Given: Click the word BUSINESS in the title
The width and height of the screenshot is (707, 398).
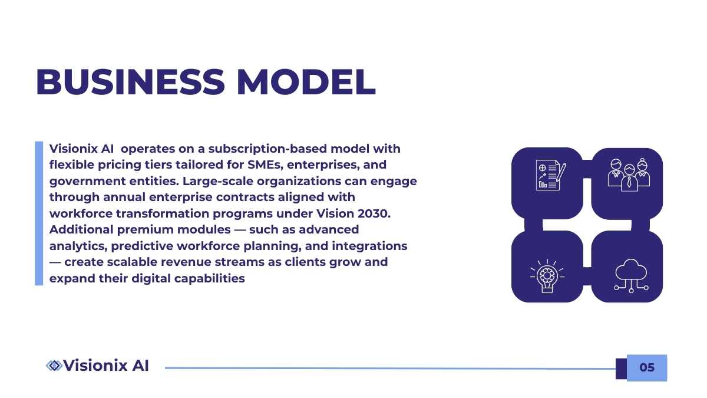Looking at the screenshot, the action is click(130, 82).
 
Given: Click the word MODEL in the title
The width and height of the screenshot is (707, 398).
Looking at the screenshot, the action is click(306, 82).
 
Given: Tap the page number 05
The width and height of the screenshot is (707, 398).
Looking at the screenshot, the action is click(647, 367).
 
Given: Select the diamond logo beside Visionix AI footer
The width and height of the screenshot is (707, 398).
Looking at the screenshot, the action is click(54, 366).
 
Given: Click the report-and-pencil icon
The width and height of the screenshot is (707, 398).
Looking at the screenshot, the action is click(551, 175).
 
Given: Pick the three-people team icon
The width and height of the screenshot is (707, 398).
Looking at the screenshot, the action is click(629, 175).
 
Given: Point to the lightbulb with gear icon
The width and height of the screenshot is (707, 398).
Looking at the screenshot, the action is click(547, 276).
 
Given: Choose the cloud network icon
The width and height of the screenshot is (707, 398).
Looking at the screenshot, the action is click(631, 276).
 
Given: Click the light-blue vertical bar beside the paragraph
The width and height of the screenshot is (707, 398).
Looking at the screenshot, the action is click(39, 213).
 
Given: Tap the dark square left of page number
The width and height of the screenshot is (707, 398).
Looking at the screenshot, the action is click(621, 369).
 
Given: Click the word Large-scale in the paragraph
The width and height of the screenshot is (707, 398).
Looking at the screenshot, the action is click(218, 182).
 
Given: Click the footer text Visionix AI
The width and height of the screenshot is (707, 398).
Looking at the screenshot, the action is click(106, 366).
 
